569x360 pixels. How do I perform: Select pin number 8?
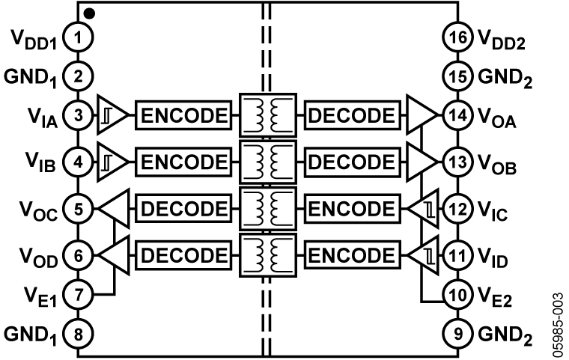click(78, 334)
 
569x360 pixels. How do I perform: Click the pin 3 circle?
click(78, 116)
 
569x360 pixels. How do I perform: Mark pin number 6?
click(78, 256)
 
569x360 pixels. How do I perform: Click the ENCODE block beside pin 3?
click(183, 116)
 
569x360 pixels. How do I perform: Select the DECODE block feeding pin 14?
click(351, 116)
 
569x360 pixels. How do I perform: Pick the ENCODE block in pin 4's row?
click(183, 162)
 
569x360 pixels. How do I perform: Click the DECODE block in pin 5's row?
click(183, 209)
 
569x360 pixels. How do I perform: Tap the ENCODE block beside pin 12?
click(351, 209)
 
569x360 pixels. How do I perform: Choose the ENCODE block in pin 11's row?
click(351, 256)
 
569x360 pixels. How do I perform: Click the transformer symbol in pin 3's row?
click(268, 116)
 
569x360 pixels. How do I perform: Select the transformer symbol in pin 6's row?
click(268, 256)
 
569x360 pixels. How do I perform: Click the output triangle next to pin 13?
click(420, 162)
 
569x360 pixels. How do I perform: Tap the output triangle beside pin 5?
click(115, 209)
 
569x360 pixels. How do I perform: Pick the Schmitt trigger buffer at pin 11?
click(424, 256)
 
